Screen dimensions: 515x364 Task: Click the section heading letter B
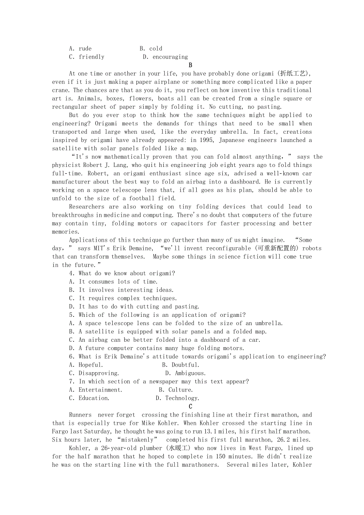[x=190, y=65]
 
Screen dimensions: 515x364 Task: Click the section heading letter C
[x=190, y=407]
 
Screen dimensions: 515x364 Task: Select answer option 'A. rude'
[x=80, y=49]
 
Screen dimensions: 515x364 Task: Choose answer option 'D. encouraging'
[x=165, y=57]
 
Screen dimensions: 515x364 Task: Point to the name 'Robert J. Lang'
[x=103, y=165]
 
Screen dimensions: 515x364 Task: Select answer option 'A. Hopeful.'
[x=86, y=365]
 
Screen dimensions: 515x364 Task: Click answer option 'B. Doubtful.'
[x=181, y=365]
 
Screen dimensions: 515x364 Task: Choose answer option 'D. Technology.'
[x=178, y=398]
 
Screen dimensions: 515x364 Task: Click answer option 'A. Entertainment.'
[x=96, y=390]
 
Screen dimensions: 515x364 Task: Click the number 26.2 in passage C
[x=283, y=440]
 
